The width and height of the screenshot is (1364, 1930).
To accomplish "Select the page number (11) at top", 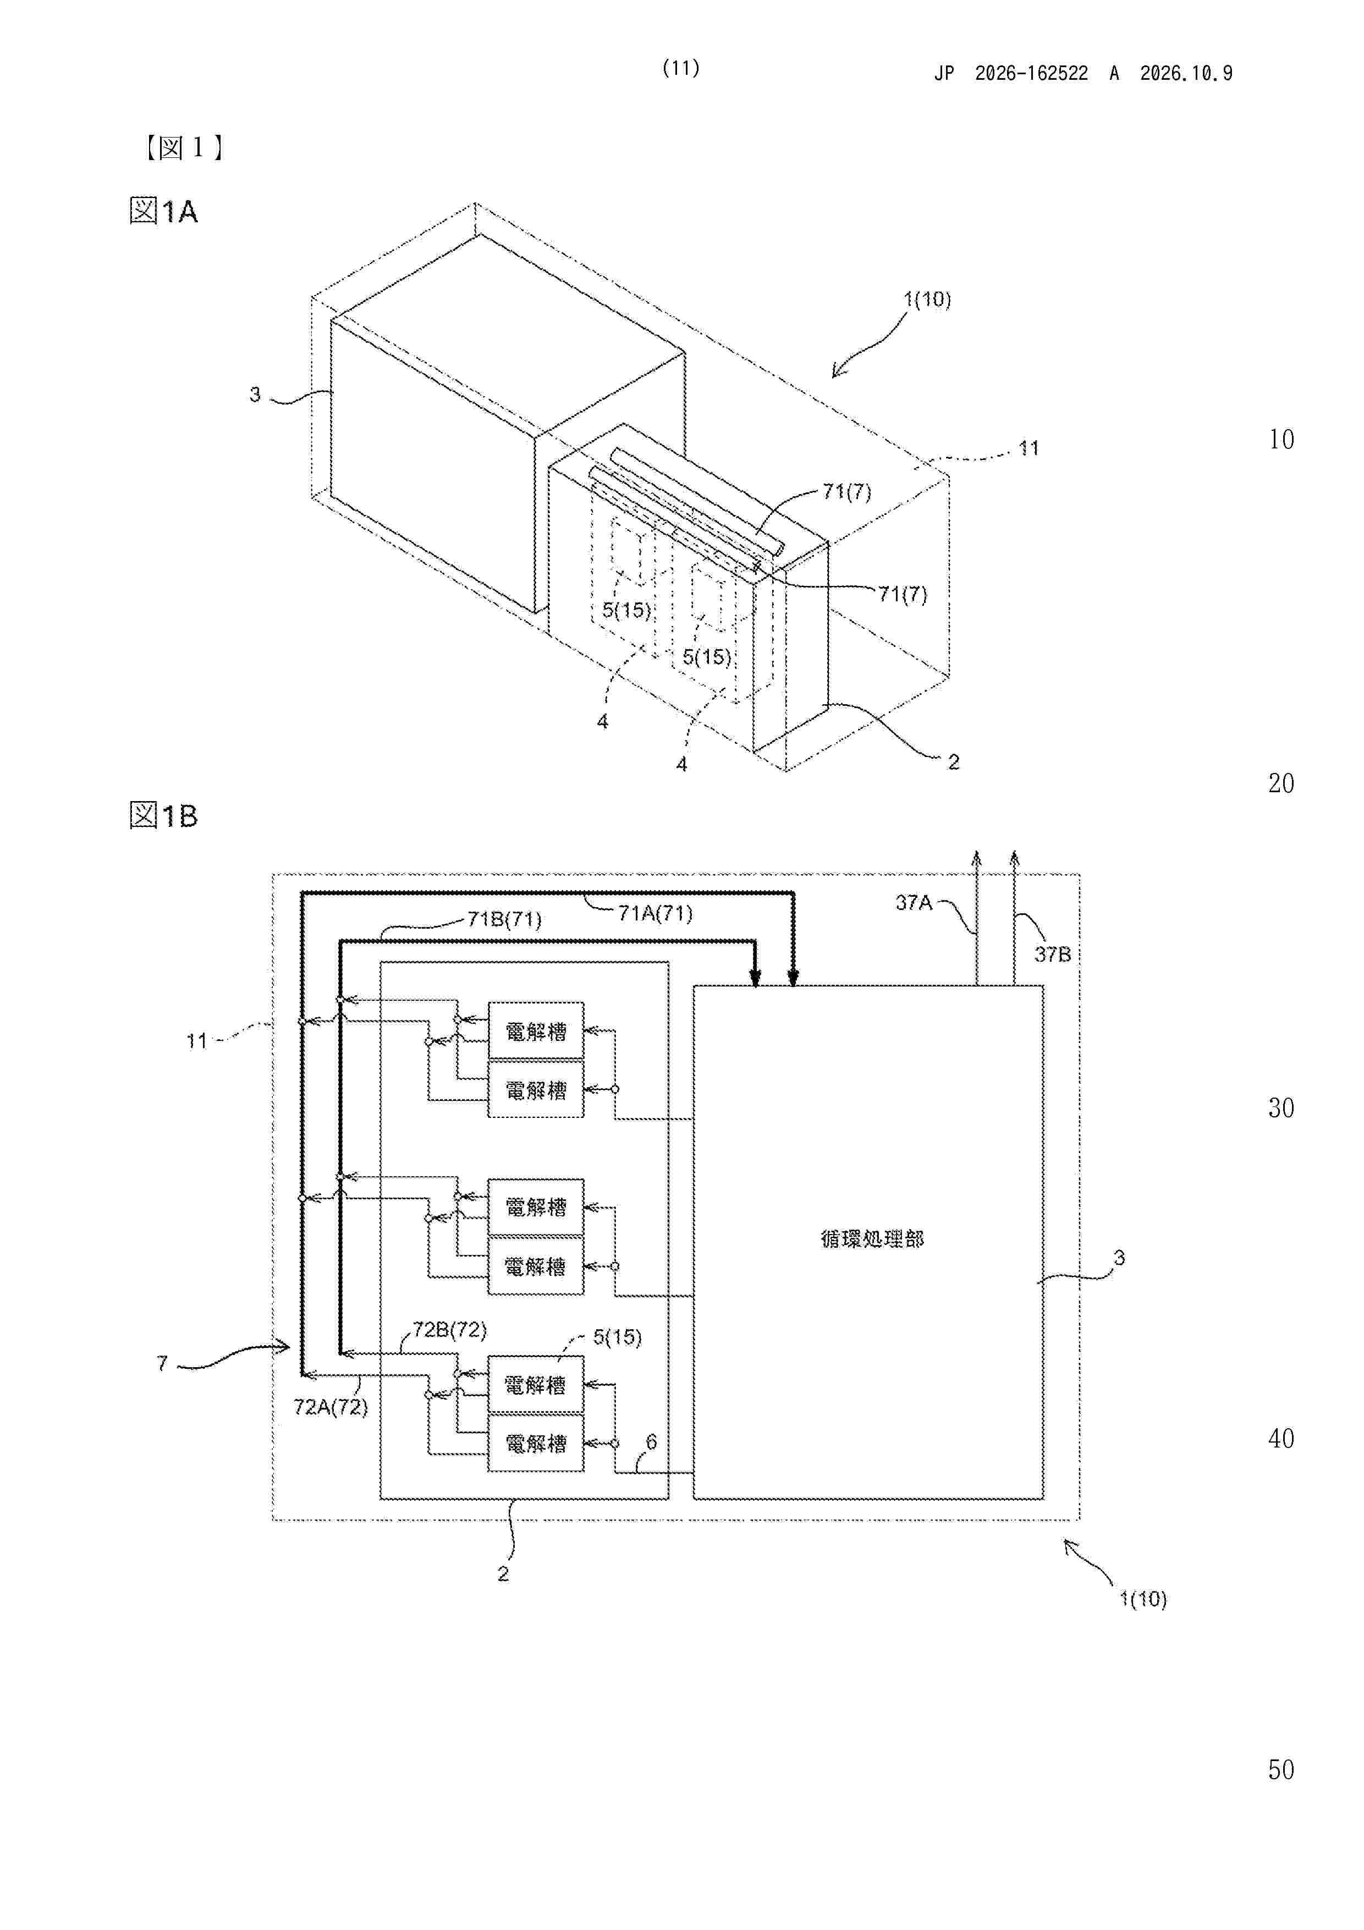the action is [681, 68].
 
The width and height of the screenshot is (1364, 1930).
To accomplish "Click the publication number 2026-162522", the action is [1031, 74].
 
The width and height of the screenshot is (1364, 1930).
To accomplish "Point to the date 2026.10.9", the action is [1186, 74].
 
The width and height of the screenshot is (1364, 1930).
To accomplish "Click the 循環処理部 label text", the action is [872, 1238].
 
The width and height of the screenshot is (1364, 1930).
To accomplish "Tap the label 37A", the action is [914, 903].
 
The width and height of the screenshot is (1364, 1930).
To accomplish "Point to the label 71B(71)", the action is [504, 919].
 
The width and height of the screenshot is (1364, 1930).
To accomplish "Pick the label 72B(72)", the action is [449, 1330].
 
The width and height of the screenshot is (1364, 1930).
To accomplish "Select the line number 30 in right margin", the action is [1281, 1108].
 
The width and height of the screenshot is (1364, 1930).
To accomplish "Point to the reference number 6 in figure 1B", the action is [651, 1443].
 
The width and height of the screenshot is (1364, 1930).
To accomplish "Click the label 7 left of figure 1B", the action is [162, 1363].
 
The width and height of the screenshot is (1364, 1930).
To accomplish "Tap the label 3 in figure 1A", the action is [255, 394].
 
